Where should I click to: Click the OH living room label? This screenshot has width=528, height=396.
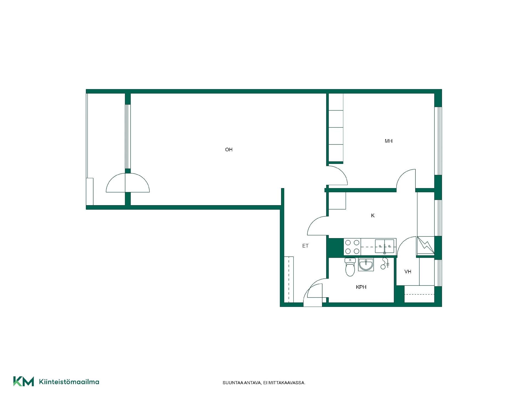229,150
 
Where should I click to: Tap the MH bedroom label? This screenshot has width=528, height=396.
389,141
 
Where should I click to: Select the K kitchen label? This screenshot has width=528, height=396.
373,216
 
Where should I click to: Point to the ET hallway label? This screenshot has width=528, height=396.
305,246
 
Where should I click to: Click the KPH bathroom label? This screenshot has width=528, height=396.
361,287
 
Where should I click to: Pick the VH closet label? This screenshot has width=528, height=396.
408,272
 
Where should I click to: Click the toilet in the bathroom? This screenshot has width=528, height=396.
350,267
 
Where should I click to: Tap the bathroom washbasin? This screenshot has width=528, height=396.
366,265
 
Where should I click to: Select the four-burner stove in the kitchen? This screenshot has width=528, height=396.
352,247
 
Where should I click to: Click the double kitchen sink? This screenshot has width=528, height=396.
384,246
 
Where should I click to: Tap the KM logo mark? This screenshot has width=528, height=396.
24,381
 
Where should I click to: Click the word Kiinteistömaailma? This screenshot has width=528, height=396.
69,382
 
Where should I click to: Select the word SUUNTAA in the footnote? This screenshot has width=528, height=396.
233,383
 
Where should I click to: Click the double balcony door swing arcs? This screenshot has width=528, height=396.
128,183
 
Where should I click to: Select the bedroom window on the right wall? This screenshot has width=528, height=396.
438,141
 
